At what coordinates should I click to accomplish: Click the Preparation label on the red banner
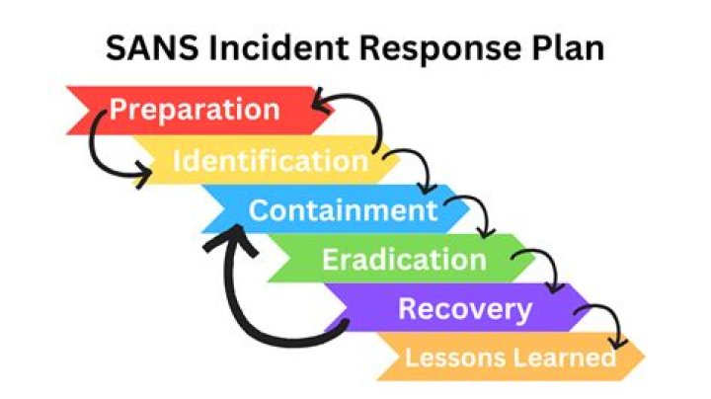(195, 109)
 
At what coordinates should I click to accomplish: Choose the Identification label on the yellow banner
(270, 160)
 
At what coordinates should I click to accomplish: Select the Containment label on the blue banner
(342, 210)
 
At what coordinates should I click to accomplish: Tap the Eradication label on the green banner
(404, 260)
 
